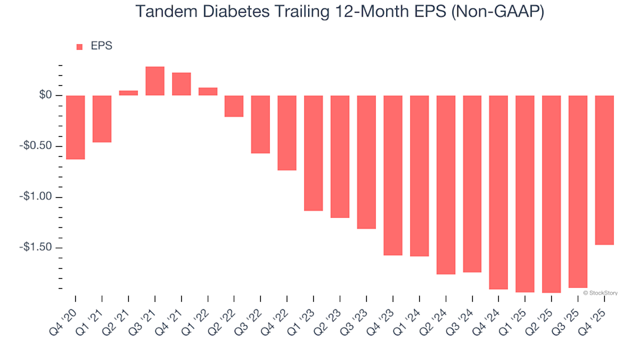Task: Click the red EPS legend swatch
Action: tap(79, 47)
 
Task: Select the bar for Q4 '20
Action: tap(75, 127)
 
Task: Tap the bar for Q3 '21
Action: tap(155, 81)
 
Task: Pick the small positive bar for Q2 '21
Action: tap(129, 93)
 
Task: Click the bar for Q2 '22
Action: tap(234, 106)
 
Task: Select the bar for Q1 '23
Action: tap(313, 153)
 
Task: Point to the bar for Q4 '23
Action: tap(393, 175)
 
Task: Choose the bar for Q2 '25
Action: tap(551, 194)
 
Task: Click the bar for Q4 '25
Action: tap(604, 170)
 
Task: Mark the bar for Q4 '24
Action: tap(499, 192)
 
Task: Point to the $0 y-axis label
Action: tap(45, 95)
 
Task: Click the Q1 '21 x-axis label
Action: tap(91, 313)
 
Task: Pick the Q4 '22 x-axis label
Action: tap(275, 313)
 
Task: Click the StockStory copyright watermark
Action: tap(600, 292)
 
